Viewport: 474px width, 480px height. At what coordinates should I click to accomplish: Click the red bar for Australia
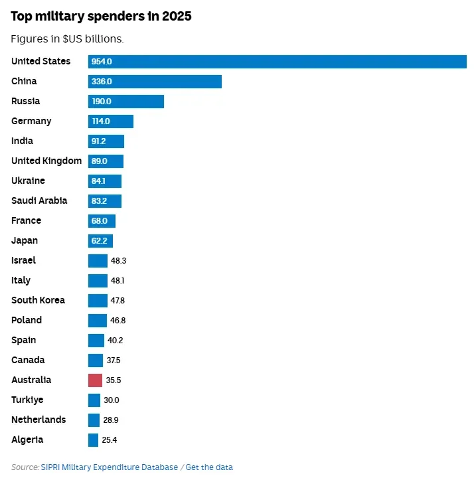point(95,380)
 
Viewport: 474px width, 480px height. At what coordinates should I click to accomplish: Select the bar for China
point(155,82)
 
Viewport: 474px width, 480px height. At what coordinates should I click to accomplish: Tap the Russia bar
point(126,102)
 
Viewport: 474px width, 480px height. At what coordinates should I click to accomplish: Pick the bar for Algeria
point(93,440)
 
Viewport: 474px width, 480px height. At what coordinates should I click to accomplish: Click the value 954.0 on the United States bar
point(102,62)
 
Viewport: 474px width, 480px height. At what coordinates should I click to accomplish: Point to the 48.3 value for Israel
point(118,260)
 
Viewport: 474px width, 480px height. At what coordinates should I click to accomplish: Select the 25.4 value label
point(110,440)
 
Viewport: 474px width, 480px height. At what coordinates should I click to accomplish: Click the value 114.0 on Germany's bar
point(101,121)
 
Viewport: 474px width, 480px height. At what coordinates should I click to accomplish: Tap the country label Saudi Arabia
point(39,200)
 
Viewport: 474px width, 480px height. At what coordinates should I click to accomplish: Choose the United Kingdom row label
point(46,161)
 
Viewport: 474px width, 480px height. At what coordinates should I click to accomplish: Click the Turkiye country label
point(27,400)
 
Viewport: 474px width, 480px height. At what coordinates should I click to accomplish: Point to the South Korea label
point(38,300)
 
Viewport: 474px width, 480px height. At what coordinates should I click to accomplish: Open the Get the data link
point(209,467)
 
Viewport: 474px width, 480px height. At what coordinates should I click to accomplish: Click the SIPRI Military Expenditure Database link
point(110,467)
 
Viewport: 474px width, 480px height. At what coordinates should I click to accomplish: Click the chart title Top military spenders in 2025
point(101,16)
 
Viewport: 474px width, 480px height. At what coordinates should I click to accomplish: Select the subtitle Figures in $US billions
point(67,39)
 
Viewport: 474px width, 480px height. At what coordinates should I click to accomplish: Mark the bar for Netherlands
point(94,420)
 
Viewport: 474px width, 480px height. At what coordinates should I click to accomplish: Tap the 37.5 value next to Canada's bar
point(114,360)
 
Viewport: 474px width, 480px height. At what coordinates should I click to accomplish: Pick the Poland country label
point(27,320)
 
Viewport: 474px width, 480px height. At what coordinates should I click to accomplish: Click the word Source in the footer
point(25,467)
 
